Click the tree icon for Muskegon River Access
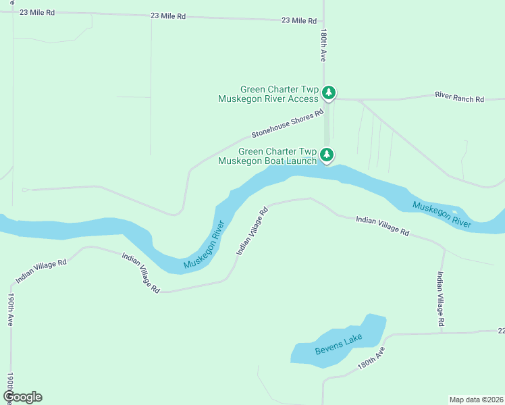[x=328, y=92]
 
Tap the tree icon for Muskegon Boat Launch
[x=327, y=155]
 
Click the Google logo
[x=22, y=396]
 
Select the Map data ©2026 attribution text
[x=477, y=400]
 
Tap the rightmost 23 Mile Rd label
[x=298, y=21]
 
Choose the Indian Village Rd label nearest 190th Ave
[x=41, y=271]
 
